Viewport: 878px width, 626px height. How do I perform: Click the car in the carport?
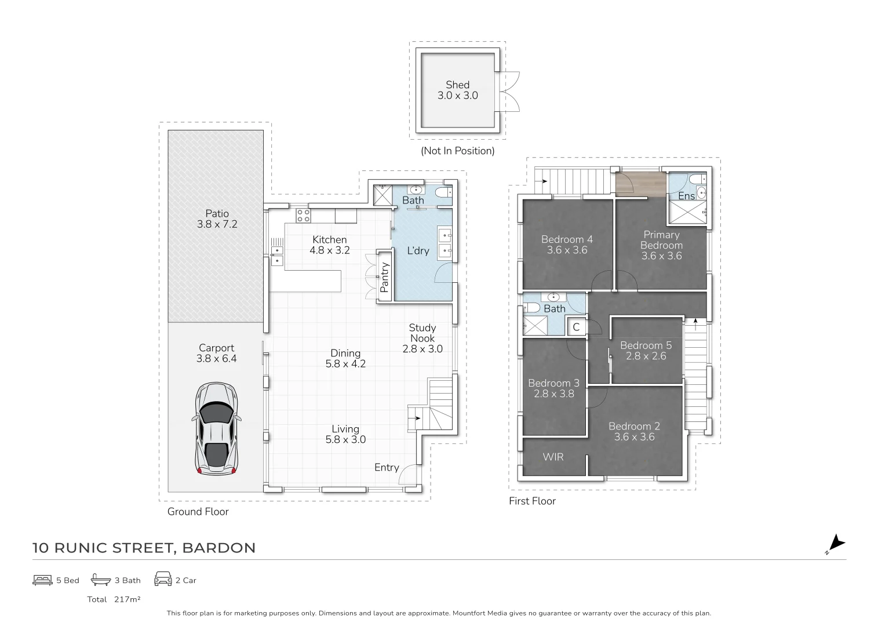click(216, 428)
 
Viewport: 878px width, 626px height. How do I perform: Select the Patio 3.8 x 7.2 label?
click(217, 219)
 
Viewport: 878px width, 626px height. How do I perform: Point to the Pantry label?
click(384, 278)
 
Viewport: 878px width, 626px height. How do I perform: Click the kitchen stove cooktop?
click(303, 216)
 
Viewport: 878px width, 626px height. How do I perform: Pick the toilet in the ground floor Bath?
click(444, 192)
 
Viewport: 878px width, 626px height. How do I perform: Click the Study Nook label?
click(422, 333)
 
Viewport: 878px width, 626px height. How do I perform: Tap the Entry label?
click(387, 467)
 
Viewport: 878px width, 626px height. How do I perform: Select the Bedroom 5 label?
click(646, 345)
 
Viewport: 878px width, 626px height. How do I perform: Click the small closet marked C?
click(576, 327)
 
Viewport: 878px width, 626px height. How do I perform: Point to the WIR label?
click(553, 457)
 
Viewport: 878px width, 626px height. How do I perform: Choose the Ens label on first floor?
click(686, 196)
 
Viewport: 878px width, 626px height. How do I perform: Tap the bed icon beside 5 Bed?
click(42, 580)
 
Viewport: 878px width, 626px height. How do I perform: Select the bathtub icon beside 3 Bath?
click(101, 580)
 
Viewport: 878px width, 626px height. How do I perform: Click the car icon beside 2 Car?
click(163, 579)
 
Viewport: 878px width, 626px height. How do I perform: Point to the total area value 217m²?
click(127, 599)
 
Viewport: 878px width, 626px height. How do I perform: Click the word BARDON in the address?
click(219, 548)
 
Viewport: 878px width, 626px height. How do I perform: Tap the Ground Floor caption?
click(198, 512)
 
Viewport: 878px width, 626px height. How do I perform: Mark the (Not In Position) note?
click(457, 151)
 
